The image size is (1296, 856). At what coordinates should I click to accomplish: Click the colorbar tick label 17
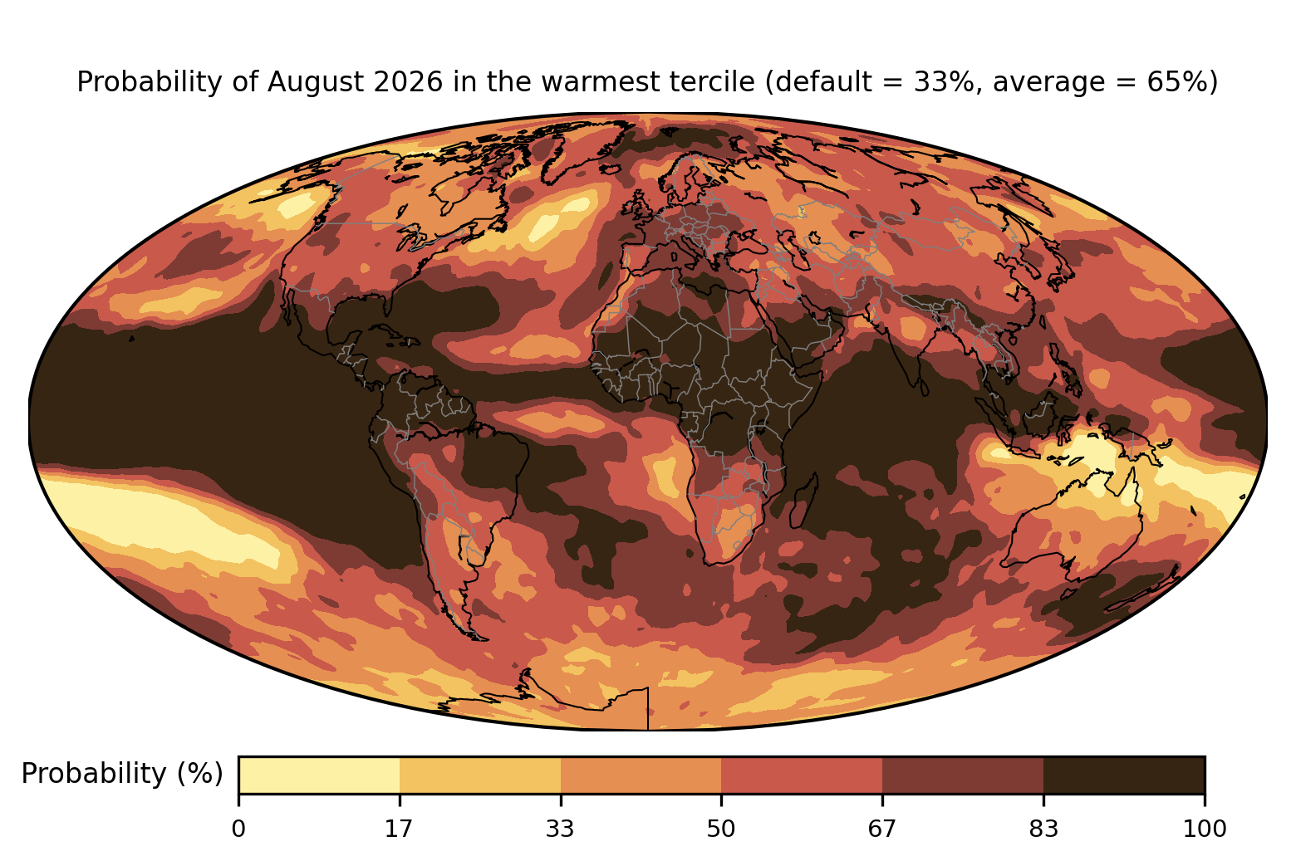point(399,829)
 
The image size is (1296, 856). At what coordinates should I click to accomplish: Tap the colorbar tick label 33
point(559,829)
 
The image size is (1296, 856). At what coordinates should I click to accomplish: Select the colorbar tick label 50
point(721,829)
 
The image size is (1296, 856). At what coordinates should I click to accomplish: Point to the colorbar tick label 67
point(881,829)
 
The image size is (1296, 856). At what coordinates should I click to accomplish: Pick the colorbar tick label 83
point(1043,829)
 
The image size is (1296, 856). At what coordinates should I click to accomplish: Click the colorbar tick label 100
point(1205,829)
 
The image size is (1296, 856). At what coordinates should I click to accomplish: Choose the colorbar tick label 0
point(238,829)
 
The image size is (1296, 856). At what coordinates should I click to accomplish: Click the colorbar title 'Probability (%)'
point(122,774)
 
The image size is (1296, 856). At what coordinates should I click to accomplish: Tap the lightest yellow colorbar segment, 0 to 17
point(319,775)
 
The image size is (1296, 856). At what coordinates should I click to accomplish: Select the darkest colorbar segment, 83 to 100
point(1124,775)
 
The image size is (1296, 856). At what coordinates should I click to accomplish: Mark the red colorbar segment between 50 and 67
point(802,775)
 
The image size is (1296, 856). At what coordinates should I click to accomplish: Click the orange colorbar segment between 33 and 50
point(641,775)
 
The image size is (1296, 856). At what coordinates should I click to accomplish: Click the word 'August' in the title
point(316,82)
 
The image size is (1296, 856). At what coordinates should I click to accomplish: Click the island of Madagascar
point(804,500)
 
